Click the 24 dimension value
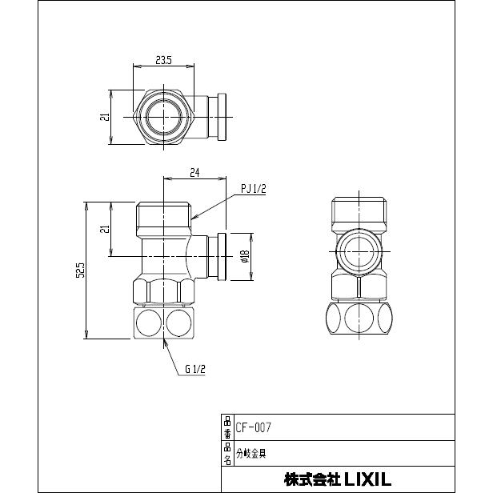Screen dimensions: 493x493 [x=194, y=172]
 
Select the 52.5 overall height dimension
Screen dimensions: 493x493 [x=80, y=271]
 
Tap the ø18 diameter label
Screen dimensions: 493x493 [x=246, y=256]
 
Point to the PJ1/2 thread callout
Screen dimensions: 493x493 [x=253, y=189]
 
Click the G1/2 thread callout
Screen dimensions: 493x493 [x=196, y=371]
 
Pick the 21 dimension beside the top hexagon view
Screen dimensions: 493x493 [x=104, y=118]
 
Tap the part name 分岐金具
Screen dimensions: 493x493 [x=251, y=453]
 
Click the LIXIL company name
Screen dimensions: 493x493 [x=337, y=479]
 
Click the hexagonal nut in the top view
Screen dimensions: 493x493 [x=166, y=117]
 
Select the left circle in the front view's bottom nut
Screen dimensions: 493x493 [x=148, y=323]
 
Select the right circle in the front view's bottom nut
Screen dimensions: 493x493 [x=178, y=323]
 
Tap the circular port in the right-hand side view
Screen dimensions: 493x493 [x=359, y=251]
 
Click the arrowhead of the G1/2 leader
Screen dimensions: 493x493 [x=164, y=340]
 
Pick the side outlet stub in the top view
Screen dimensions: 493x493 [x=216, y=117]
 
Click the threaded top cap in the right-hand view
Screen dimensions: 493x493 [x=359, y=210]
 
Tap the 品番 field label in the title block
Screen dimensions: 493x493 [x=227, y=427]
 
